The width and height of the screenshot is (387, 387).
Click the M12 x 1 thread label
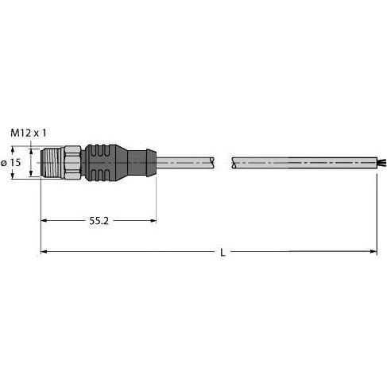(x=29, y=133)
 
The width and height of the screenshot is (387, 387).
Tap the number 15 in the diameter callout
(x=15, y=162)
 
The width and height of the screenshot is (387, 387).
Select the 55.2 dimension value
(x=99, y=221)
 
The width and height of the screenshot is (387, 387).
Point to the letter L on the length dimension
(x=223, y=253)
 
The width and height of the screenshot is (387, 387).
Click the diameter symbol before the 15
(x=4, y=163)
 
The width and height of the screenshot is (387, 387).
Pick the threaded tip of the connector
(x=52, y=162)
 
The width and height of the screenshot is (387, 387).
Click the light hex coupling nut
(x=72, y=162)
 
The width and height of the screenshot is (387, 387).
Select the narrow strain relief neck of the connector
(x=142, y=163)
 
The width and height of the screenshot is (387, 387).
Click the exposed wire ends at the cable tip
(x=381, y=162)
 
